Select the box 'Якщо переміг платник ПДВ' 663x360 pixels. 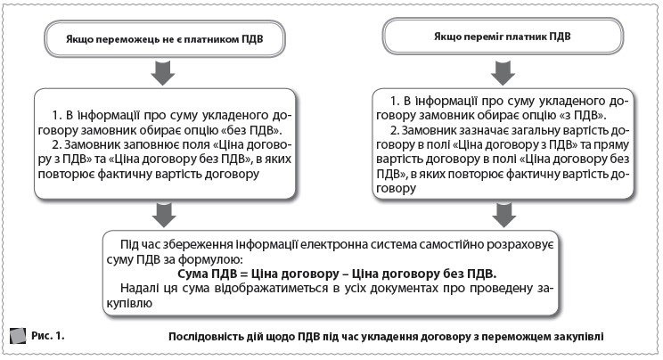tap(503, 37)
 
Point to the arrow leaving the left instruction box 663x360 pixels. tap(161, 211)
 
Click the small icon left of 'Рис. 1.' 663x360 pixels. tap(17, 336)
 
